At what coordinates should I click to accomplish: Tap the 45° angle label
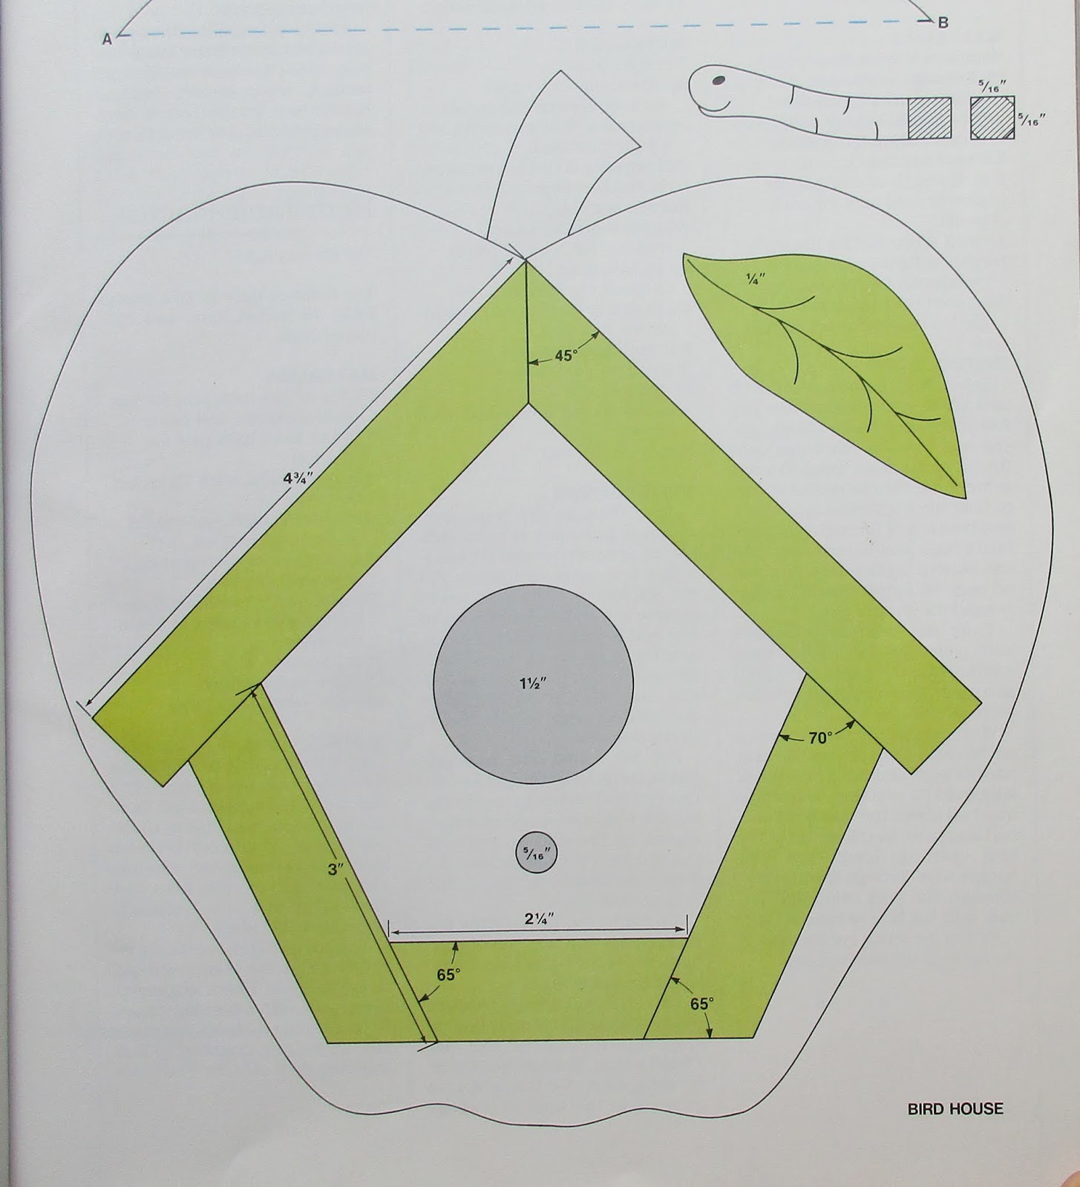click(566, 355)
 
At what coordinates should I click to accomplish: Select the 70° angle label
click(819, 738)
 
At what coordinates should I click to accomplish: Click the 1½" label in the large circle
click(534, 683)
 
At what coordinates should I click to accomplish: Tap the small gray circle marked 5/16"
click(536, 853)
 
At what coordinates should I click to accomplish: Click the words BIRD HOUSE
click(955, 1109)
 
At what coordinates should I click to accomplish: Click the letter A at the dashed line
click(107, 40)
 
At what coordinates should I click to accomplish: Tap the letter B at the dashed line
click(943, 23)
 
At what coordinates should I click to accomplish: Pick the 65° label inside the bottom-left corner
click(448, 974)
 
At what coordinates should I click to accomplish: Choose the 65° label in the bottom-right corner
click(701, 1004)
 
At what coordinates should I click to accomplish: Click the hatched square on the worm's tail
click(929, 118)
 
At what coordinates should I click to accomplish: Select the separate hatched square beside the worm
click(992, 118)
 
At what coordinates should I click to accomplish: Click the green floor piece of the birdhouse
click(538, 990)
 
